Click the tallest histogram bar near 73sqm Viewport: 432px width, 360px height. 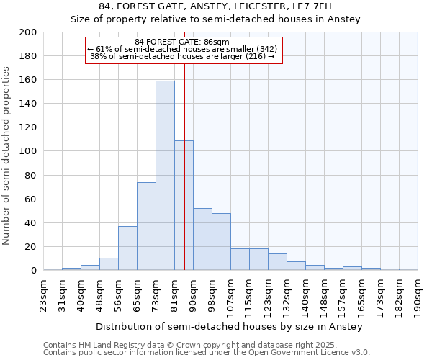click(165, 176)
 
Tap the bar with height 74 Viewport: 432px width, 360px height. click(146, 226)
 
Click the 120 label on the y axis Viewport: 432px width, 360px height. click(28, 127)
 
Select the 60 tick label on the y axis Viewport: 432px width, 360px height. click(31, 199)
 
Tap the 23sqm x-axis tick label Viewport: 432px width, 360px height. click(43, 294)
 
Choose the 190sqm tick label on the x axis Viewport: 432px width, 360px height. click(418, 294)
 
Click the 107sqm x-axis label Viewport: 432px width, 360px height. click(230, 294)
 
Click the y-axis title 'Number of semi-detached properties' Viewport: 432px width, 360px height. click(7, 156)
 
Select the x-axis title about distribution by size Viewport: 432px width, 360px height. click(228, 326)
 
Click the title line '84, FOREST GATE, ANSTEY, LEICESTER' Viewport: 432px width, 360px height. click(215, 6)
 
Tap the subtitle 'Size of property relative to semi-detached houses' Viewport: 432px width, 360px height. click(215, 19)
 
